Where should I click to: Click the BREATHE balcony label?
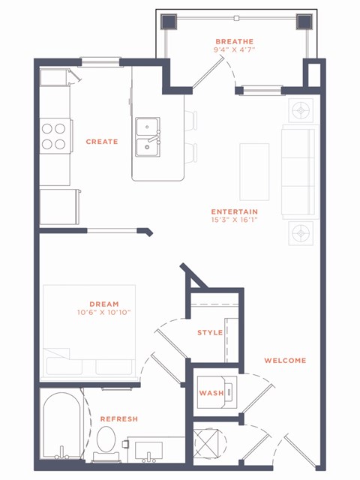point(235,41)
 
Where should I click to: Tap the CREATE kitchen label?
point(102,142)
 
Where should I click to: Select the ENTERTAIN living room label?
point(235,211)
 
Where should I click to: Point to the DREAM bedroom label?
point(104,304)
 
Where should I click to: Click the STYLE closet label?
point(210,332)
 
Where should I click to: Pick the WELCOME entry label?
point(285,361)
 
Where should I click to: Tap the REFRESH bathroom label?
point(118,418)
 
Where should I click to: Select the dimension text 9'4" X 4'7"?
point(235,51)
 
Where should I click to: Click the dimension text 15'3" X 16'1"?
point(235,220)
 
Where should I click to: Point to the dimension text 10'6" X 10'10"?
point(104,313)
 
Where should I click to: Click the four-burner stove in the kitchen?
point(53,136)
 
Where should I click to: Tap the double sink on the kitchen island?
point(148,135)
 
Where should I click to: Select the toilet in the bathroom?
point(106,442)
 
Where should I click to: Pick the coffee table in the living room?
point(253,171)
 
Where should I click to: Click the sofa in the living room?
point(300,172)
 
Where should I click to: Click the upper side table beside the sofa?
point(301,110)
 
